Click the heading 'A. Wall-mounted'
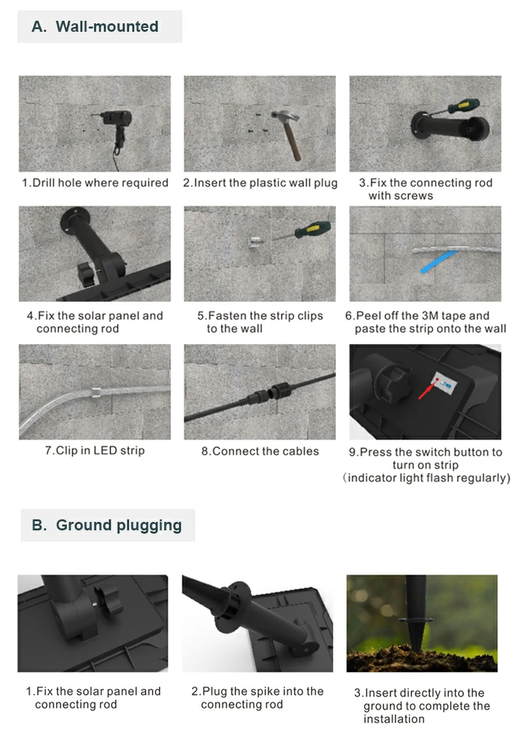pos(95,27)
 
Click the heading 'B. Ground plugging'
pos(106,525)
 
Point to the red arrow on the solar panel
pos(427,390)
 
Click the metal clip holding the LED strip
pos(95,392)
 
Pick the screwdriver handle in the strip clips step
pos(313,230)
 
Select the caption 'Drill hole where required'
pos(95,183)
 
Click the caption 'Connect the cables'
pos(260,451)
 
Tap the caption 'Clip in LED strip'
pos(95,451)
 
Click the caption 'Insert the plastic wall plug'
pos(260,183)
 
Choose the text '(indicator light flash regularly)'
pos(426,478)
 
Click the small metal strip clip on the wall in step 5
pos(254,242)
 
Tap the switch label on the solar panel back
pos(444,383)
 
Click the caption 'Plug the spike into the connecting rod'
pos(258,698)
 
